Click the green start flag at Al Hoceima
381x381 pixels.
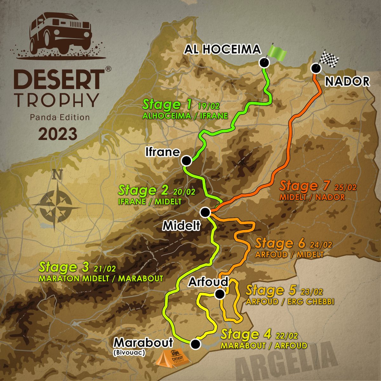(x=276, y=51)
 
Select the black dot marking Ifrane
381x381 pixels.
(x=186, y=161)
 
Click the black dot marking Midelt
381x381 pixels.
(x=205, y=212)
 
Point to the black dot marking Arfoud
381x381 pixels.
(x=219, y=294)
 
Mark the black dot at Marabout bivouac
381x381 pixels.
(x=196, y=344)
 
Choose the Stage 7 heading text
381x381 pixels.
(x=305, y=186)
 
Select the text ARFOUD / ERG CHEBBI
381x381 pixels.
(x=290, y=301)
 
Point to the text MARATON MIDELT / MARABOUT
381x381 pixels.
(x=101, y=278)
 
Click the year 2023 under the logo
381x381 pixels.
(x=58, y=134)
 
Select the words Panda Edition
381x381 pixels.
(x=60, y=117)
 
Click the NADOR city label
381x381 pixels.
(x=347, y=82)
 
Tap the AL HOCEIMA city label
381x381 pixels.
(x=223, y=49)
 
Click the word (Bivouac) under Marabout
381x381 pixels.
(x=129, y=352)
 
